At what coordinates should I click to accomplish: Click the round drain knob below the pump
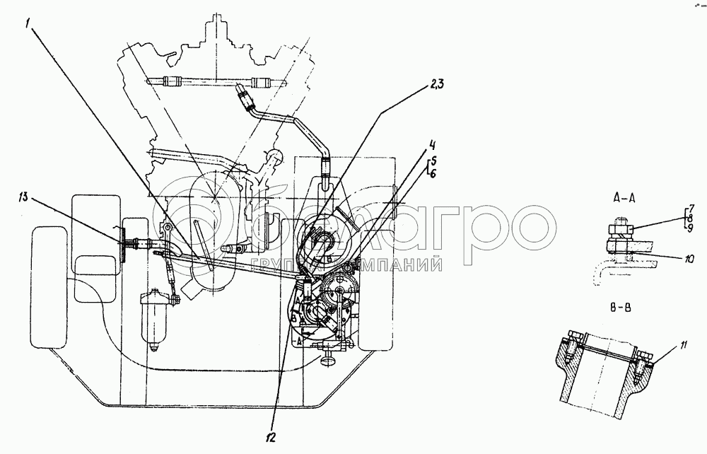point(328,363)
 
